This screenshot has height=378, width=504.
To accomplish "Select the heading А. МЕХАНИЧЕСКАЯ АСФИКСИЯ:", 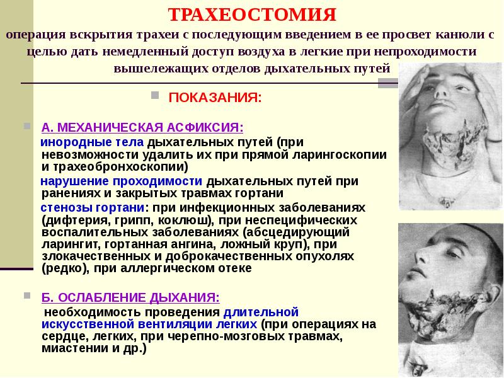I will pos(142,127).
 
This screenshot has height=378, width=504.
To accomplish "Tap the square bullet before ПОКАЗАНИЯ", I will pos(154,97).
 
